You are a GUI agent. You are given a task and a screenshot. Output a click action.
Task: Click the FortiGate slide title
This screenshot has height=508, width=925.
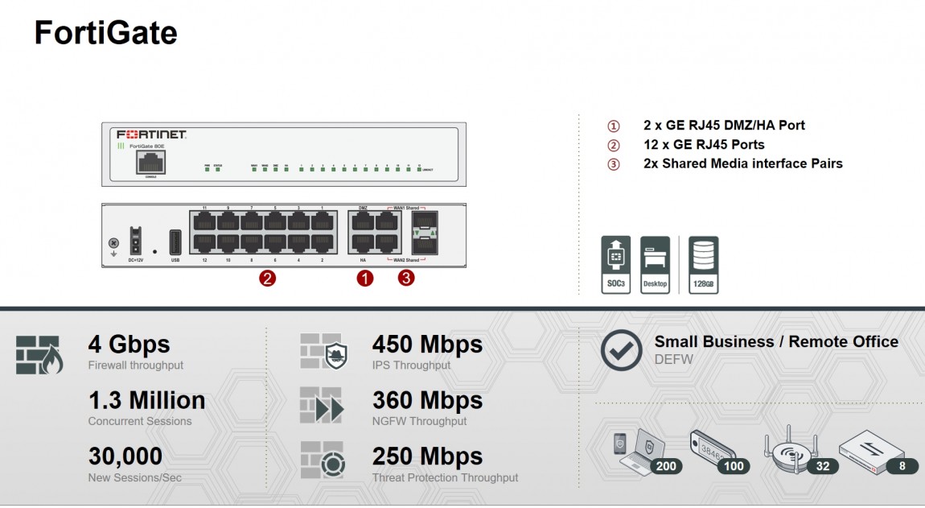(x=105, y=33)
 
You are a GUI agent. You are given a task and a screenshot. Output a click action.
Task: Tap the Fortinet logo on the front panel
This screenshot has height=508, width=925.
(x=152, y=134)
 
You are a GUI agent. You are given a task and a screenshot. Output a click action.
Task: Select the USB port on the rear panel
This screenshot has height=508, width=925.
(x=175, y=242)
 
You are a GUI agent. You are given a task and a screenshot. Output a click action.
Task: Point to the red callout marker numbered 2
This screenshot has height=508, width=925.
(x=267, y=279)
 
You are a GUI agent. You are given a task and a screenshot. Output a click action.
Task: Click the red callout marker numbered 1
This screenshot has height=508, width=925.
(x=365, y=279)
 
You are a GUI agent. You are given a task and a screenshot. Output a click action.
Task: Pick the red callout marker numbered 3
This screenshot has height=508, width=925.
(x=407, y=279)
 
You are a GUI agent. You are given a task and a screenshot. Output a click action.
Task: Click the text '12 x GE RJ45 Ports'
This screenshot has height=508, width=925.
(x=704, y=145)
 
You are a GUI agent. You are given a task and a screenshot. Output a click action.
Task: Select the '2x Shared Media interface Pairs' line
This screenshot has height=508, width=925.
(x=742, y=163)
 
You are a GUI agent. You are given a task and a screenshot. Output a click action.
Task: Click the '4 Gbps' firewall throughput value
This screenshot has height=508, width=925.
(x=129, y=345)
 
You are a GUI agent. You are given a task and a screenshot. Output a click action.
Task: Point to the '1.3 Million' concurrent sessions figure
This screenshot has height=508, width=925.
(x=146, y=400)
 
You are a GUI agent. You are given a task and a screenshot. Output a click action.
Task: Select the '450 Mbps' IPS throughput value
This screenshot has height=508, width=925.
(x=427, y=345)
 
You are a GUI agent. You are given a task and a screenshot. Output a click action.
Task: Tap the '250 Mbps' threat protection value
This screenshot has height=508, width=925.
(x=427, y=456)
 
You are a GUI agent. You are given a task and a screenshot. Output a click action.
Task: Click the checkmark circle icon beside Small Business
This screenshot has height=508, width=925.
(x=622, y=350)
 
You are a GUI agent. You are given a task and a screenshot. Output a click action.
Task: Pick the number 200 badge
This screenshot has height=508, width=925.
(x=665, y=465)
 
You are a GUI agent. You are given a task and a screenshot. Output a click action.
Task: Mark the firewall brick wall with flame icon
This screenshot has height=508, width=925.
(x=38, y=355)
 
